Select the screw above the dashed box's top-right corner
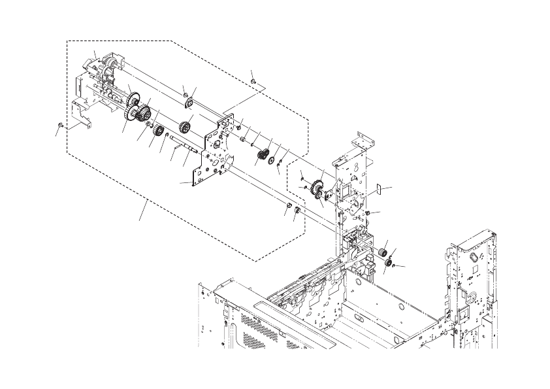point(253,80)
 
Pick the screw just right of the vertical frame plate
point(370,214)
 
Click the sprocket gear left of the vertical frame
point(318,186)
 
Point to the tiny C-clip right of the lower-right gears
point(395,265)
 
